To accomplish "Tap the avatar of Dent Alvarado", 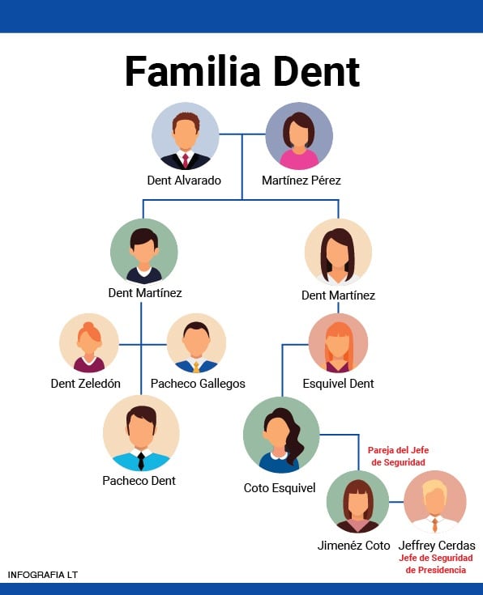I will pos(186,136).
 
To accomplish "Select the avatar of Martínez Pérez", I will pos(299,136).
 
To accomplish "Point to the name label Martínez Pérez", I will pos(301,181).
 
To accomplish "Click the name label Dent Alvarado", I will pos(184,181).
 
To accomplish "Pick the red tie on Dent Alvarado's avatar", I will pos(186,159).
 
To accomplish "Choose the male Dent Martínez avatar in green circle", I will pos(143,251).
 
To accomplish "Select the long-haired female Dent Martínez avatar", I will pos(338,252).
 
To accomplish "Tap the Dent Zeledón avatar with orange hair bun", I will pos(89,342).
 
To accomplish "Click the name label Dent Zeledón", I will pos(86,384).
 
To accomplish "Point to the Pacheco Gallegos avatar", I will pos(196,342).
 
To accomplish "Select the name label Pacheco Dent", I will pos(139,481).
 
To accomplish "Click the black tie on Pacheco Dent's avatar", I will pos(141,461).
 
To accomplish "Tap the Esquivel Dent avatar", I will pos(338,342).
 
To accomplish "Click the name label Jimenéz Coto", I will pos(353,546).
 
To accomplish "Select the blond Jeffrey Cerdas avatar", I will pos(435,501).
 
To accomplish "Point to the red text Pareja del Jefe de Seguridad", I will pos(397,456).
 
